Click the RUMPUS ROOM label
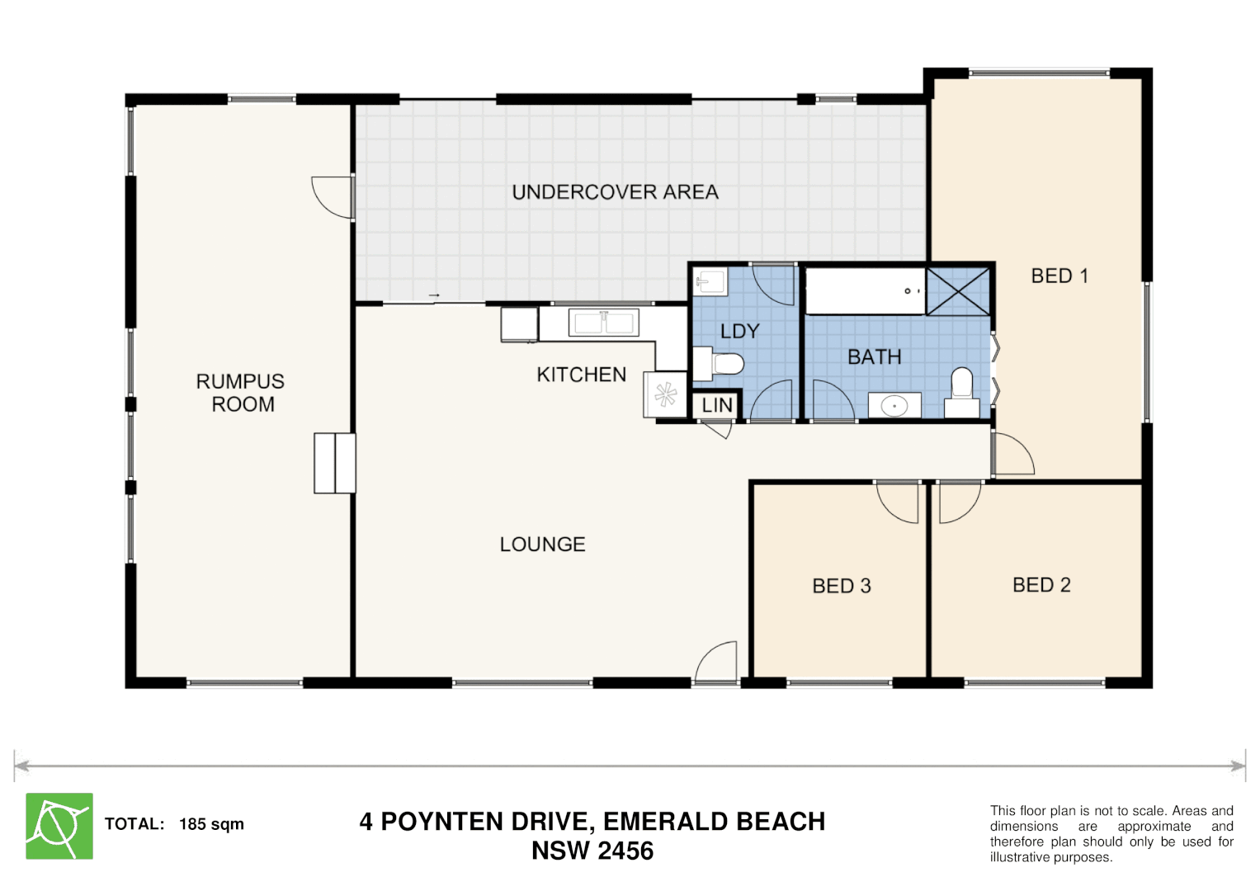(x=240, y=393)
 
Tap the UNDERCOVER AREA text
(x=615, y=192)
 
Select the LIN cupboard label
(x=717, y=405)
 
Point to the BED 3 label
(x=842, y=586)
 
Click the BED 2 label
(x=1041, y=585)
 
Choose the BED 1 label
(x=1059, y=276)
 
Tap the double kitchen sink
(x=603, y=323)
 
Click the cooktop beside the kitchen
(x=665, y=394)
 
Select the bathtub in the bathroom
(x=866, y=290)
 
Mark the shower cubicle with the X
(x=958, y=290)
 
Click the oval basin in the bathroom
(x=894, y=406)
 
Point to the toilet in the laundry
(x=719, y=363)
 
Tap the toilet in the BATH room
(x=962, y=393)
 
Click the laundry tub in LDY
(x=711, y=281)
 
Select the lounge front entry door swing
(x=716, y=662)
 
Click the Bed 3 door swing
(x=898, y=502)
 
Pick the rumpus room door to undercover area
(x=333, y=197)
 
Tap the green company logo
(x=59, y=826)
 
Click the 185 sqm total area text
(x=211, y=824)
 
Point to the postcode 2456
(x=625, y=851)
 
